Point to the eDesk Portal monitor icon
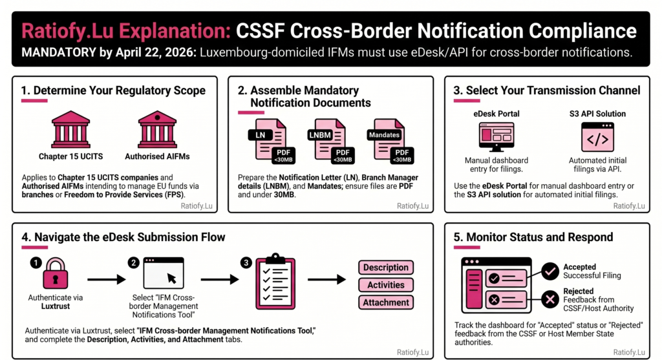(x=496, y=136)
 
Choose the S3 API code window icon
(x=597, y=136)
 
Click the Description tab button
(x=385, y=268)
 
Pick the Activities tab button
(x=385, y=285)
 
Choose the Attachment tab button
(x=385, y=302)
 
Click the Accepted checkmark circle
(x=550, y=271)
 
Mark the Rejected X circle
(x=550, y=299)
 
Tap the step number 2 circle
(x=134, y=262)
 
